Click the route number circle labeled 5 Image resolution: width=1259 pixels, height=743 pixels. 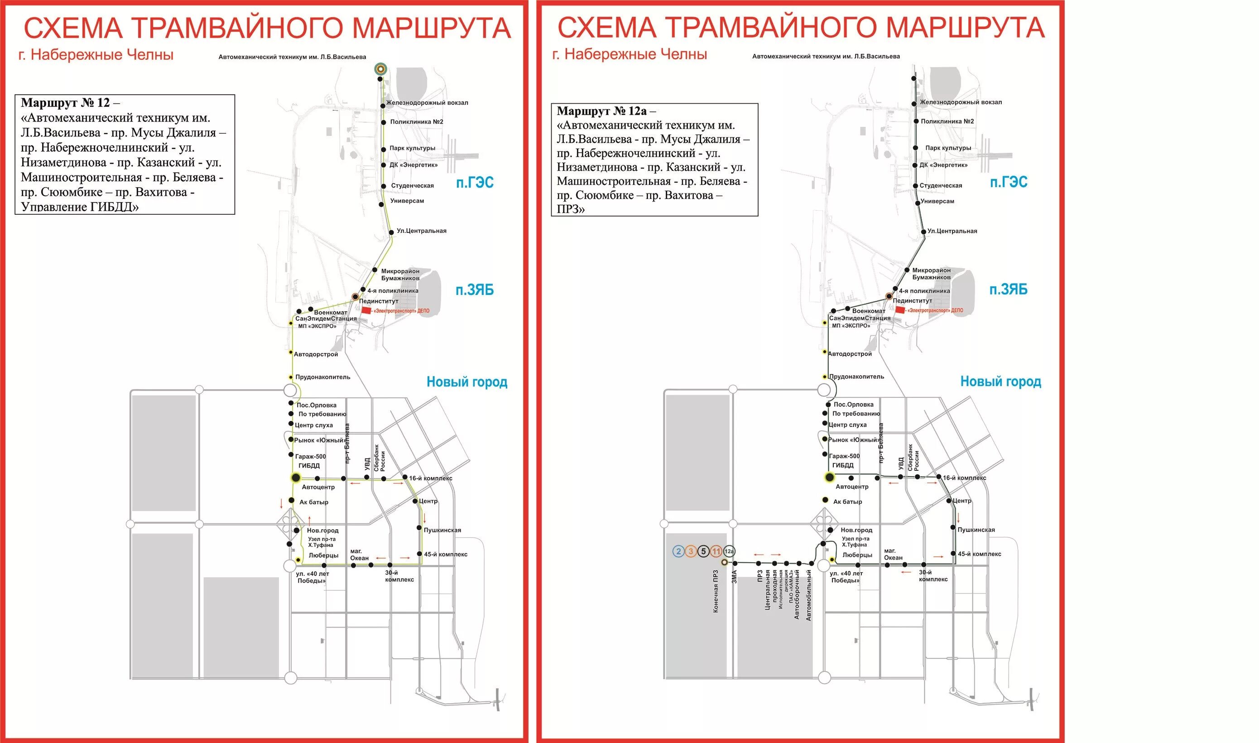(x=703, y=551)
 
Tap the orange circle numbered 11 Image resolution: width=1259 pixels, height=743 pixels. (x=716, y=551)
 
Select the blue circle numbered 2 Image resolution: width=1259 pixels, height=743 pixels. (x=678, y=551)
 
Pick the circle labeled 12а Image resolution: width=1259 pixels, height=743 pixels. (x=729, y=551)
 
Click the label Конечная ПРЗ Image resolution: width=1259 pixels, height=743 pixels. (x=716, y=591)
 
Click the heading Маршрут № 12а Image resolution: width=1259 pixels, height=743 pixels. (x=601, y=111)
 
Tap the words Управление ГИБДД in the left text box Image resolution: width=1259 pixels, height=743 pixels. (x=80, y=206)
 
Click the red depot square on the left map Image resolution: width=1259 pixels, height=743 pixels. (x=366, y=310)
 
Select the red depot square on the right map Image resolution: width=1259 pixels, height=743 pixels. (x=900, y=310)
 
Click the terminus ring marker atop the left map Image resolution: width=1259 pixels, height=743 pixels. (x=381, y=69)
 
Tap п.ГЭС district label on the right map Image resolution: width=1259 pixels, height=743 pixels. (x=1008, y=182)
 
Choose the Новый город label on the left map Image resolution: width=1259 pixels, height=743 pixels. (x=466, y=382)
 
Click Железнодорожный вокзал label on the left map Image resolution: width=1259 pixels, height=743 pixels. (x=427, y=103)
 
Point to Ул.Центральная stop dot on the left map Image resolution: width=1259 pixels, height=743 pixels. (x=391, y=232)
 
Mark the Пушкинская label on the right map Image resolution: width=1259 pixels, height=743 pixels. (x=976, y=530)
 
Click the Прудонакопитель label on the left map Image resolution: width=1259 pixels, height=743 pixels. (x=322, y=377)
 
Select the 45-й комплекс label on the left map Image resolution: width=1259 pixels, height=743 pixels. (x=445, y=554)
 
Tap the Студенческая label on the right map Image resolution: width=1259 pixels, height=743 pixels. (x=941, y=185)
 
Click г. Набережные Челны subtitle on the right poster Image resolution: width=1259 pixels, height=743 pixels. (x=629, y=54)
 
